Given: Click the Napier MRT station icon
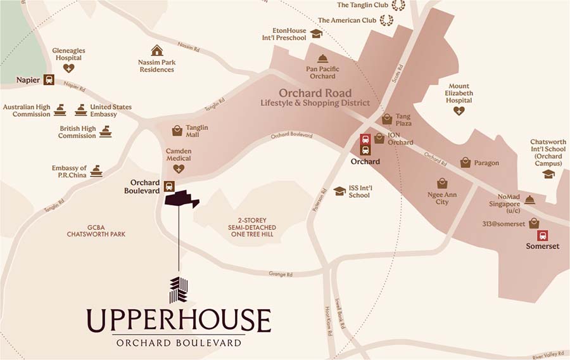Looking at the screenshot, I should tap(49, 80).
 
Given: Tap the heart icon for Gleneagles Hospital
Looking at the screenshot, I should tap(68, 68).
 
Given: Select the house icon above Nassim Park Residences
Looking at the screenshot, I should tap(156, 50).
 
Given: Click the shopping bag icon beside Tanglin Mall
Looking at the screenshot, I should tap(177, 131).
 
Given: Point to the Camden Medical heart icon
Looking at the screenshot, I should tap(179, 169).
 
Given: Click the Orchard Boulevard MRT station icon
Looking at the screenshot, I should tap(169, 186).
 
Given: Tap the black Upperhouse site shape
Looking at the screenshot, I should tap(181, 199).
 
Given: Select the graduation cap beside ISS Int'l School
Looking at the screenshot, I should tap(339, 191).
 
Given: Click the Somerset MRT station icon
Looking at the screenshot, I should tap(543, 235).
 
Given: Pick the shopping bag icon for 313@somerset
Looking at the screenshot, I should tap(534, 222).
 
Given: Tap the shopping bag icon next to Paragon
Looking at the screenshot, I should tap(465, 162).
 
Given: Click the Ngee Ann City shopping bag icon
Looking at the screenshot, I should tap(442, 184).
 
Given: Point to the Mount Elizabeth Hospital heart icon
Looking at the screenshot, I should tap(459, 111).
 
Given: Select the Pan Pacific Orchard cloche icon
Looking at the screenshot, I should tap(322, 58).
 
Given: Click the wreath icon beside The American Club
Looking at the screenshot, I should tap(386, 20).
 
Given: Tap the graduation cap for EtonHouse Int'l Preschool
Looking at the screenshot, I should tap(316, 34).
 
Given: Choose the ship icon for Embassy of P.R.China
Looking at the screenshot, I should tap(96, 170).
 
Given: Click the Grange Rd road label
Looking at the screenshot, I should tap(280, 274).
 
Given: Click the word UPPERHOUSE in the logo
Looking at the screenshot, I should tap(179, 320).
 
